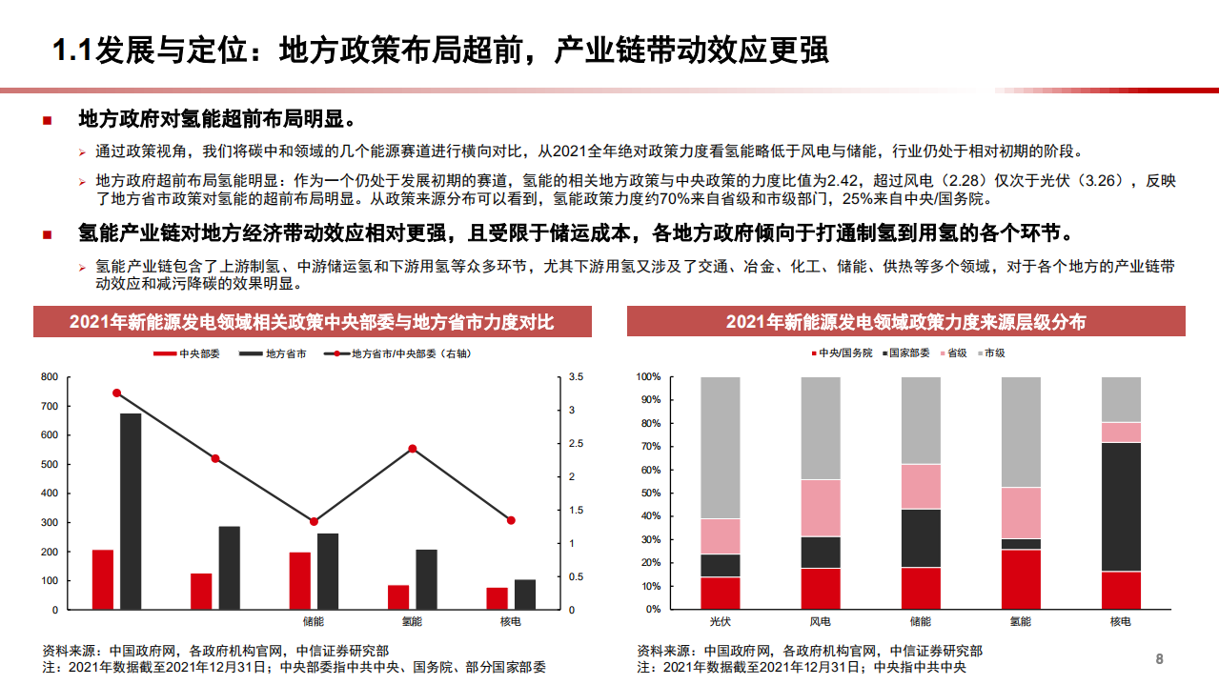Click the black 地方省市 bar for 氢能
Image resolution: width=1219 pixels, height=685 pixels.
click(x=427, y=579)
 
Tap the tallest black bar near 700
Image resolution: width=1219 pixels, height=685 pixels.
click(x=131, y=511)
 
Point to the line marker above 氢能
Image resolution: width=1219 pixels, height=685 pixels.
click(x=412, y=449)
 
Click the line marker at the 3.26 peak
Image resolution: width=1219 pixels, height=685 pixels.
click(x=117, y=393)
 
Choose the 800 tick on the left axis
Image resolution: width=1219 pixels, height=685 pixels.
click(x=50, y=377)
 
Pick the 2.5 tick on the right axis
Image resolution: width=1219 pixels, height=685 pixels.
click(x=575, y=444)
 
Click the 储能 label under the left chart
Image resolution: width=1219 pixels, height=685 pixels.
click(x=313, y=622)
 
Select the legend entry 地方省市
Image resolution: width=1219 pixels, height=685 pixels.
click(x=285, y=353)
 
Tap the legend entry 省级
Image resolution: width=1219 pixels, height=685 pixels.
click(x=954, y=353)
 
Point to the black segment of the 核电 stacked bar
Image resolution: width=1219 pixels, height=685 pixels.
click(x=1121, y=507)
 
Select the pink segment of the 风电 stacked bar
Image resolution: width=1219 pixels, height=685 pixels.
click(x=821, y=508)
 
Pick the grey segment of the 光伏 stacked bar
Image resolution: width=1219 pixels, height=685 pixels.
click(x=721, y=448)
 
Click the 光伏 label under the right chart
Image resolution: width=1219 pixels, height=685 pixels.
click(x=721, y=622)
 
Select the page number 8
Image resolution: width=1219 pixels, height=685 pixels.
click(x=1159, y=659)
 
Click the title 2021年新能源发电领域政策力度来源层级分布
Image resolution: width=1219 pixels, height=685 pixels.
click(x=905, y=322)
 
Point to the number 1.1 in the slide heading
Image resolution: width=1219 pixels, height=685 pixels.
click(x=71, y=50)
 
